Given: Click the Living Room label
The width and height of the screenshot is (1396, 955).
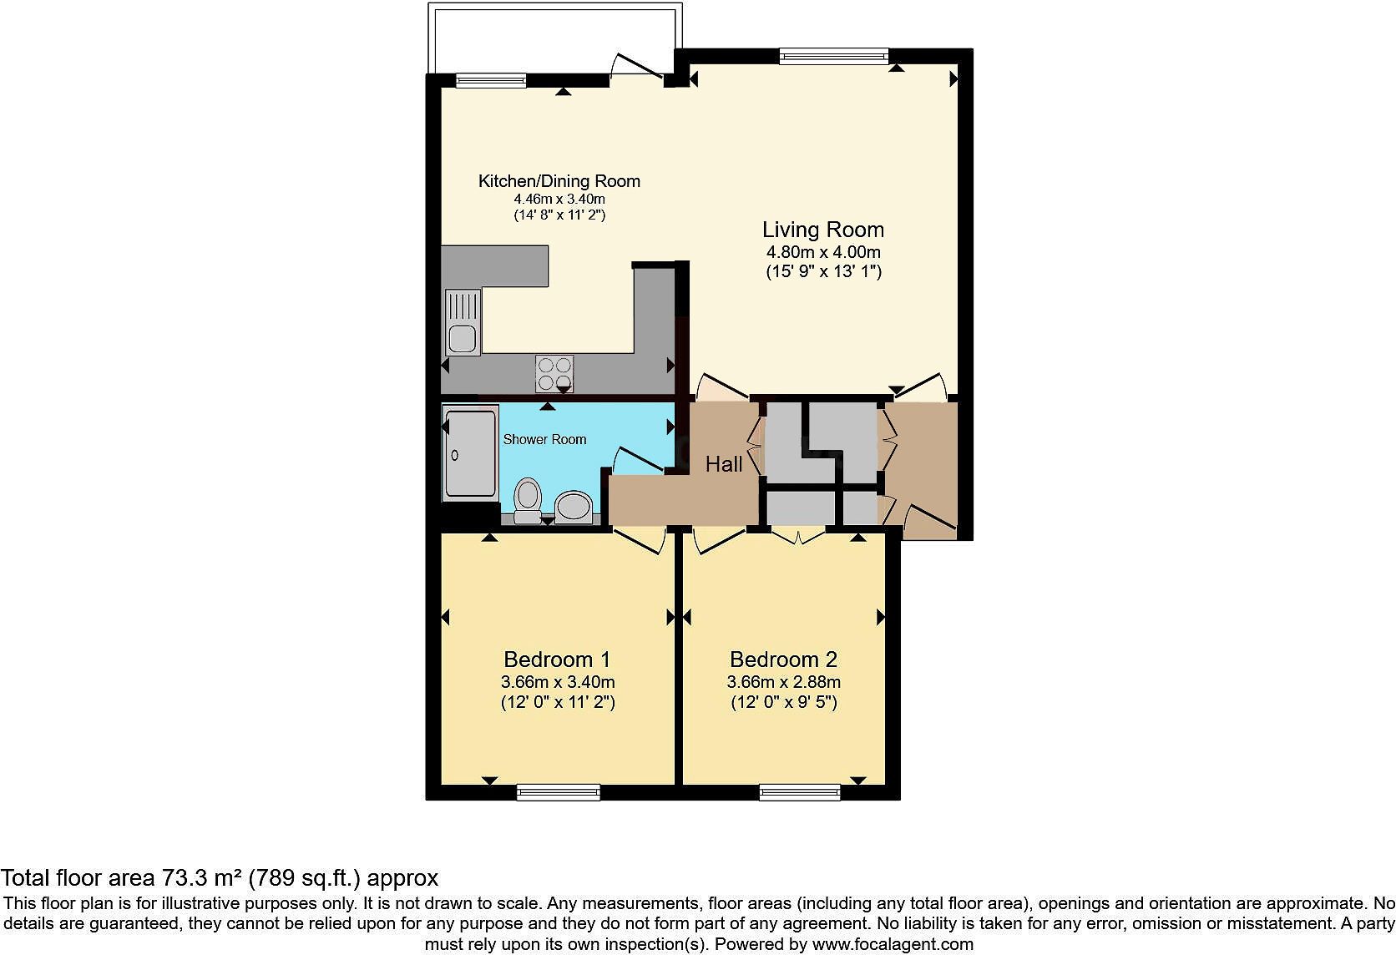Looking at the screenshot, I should [822, 230].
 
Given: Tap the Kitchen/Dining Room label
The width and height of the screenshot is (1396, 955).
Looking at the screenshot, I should [559, 181].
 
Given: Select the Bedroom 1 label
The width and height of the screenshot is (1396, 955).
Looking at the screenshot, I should [558, 659].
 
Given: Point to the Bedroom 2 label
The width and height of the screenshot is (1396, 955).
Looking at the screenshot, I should [783, 659].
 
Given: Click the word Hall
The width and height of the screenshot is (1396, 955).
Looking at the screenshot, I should [723, 464].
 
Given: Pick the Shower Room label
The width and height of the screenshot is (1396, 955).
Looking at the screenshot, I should [544, 439].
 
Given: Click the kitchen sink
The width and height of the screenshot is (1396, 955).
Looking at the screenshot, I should [462, 322].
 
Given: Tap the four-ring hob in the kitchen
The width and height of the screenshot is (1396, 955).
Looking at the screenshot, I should [554, 373].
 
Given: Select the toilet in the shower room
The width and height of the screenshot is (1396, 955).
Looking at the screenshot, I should [526, 499].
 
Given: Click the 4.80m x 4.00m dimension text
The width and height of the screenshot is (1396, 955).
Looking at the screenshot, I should [822, 252].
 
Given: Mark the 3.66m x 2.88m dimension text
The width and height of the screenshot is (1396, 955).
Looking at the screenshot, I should [783, 682].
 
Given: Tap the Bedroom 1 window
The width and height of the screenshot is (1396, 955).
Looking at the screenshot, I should [558, 791].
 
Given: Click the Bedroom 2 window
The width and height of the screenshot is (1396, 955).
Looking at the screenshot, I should [800, 791].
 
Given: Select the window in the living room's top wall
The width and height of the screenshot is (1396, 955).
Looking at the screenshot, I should [833, 56].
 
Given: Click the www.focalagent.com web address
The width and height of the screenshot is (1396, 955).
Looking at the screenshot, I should [893, 945].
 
